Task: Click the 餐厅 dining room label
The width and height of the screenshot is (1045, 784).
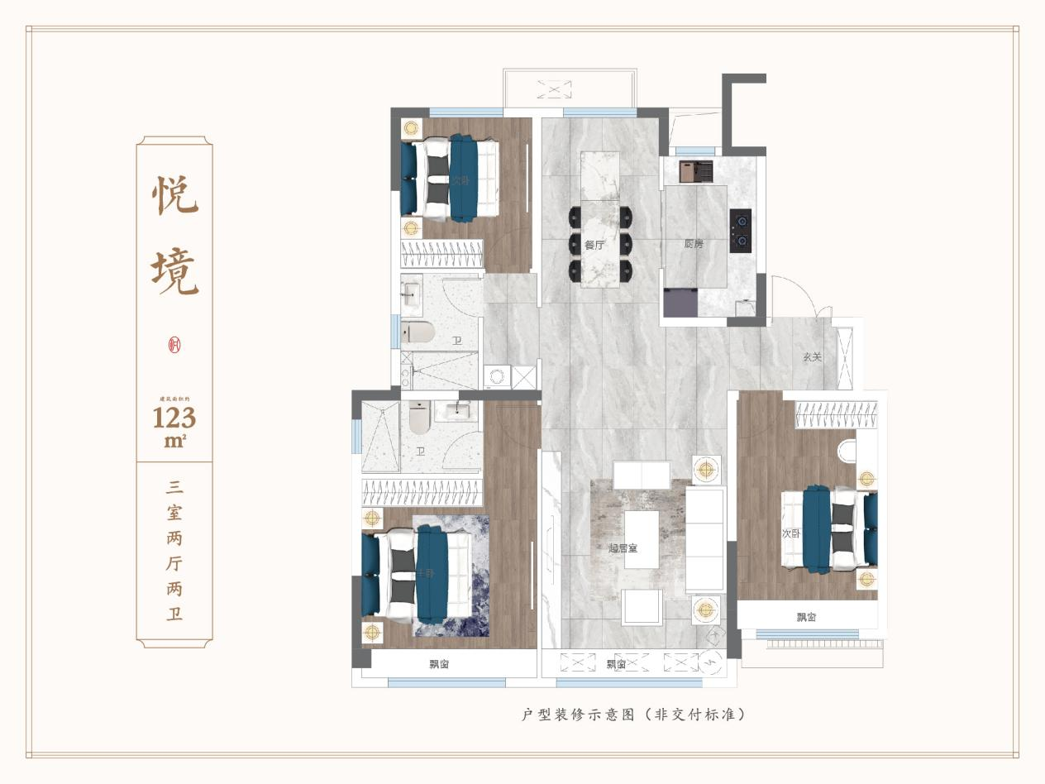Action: pos(594,245)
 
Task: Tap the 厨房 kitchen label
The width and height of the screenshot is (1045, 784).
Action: pos(694,244)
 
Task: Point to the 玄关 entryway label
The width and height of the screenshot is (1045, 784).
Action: pos(813,357)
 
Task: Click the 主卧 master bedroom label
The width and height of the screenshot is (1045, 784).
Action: pos(425,573)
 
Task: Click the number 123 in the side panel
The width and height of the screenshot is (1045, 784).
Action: pos(174,417)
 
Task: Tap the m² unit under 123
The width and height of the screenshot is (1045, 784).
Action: pos(174,441)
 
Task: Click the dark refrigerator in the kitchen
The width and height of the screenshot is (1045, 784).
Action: pos(680,302)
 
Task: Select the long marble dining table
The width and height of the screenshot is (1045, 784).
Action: pos(600,219)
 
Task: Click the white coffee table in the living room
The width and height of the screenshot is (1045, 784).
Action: pos(642,538)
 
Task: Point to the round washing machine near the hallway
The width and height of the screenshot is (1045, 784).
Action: pos(498,377)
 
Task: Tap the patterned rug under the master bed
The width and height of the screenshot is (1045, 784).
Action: pos(451,579)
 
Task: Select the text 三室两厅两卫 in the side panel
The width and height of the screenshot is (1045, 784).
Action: pos(174,550)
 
